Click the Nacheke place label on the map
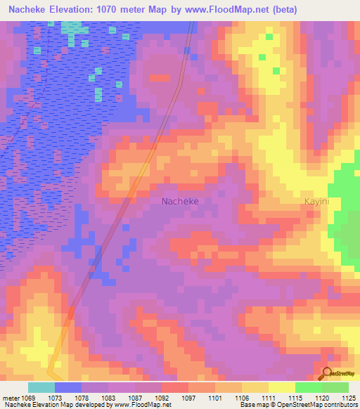[180, 201]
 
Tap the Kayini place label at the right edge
[316, 201]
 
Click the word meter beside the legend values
[11, 397]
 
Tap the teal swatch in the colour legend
[41, 387]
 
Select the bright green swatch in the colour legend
[308, 387]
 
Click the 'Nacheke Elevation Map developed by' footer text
[56, 405]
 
